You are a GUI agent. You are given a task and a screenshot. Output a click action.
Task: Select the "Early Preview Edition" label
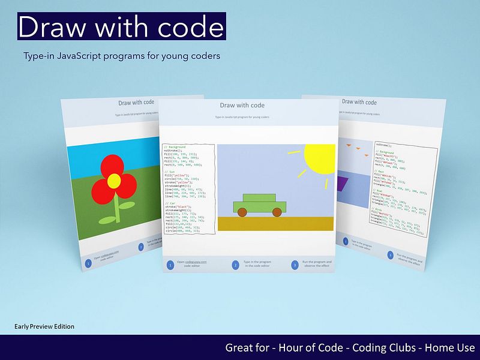pos(44,326)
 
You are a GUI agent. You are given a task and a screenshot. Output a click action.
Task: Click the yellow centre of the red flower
pos(114,179)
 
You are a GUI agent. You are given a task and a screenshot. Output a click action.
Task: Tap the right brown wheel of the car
pos(277,212)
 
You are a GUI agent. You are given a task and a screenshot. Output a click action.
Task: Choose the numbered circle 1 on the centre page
pos(170,265)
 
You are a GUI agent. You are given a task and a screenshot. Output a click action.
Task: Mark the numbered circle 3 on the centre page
pos(295,265)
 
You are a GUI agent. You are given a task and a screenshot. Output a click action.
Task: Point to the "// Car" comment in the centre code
pos(169,203)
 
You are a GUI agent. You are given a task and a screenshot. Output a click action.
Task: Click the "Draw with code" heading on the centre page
pos(242,105)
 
